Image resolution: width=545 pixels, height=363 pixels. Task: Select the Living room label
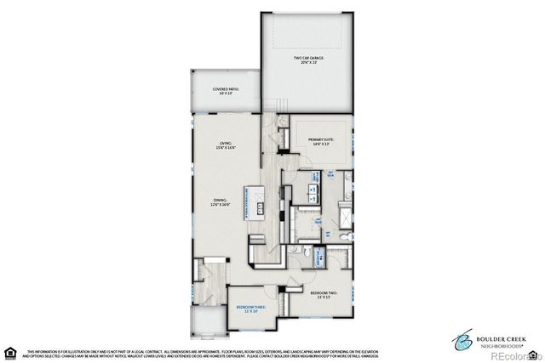click(x=227, y=145)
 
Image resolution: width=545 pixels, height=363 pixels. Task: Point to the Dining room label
click(x=221, y=202)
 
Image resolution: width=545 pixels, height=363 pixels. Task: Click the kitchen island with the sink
click(x=255, y=204)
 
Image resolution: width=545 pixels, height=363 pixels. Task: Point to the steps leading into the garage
click(x=276, y=107)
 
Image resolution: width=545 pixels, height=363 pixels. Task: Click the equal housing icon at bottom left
click(x=11, y=352)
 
